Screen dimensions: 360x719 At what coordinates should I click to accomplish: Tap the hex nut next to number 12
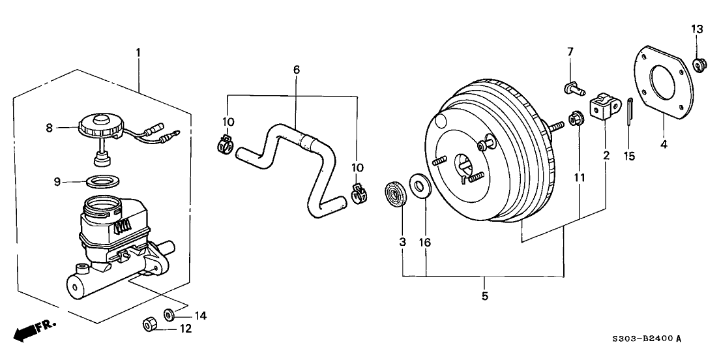(148, 324)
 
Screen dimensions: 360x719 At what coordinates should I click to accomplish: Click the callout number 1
(138, 52)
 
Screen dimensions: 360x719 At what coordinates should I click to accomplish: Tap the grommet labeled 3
(394, 194)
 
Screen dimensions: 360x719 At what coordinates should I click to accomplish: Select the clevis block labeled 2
(603, 106)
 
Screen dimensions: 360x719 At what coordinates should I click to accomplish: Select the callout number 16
(426, 243)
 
